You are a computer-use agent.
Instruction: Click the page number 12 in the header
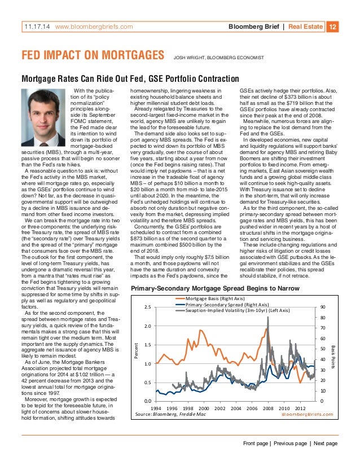coord(333,27)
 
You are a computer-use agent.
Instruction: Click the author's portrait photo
coord(44,109)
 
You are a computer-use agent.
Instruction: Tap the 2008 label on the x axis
coord(268,408)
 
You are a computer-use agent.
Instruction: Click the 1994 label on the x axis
coord(156,408)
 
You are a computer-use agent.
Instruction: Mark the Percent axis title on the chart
coord(135,354)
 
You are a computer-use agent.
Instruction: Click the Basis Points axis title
coord(333,354)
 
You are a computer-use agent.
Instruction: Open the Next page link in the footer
coord(326,444)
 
